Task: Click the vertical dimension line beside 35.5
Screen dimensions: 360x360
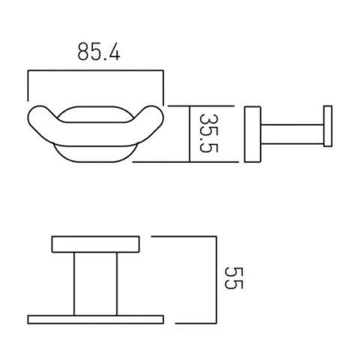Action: point(189,133)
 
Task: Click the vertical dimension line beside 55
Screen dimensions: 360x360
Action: point(214,279)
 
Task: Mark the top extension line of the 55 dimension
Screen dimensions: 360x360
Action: point(184,235)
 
